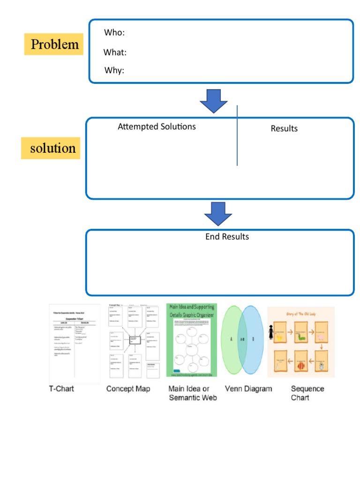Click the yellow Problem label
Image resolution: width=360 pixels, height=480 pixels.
point(54,45)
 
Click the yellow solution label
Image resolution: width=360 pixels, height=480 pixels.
point(52,148)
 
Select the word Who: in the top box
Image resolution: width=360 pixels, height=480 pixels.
point(114,33)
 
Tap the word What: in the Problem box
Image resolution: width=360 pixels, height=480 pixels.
point(115,52)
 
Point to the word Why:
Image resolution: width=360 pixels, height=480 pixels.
point(114,71)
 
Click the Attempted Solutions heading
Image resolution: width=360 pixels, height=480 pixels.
point(157,127)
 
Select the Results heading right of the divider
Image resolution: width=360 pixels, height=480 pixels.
point(284,128)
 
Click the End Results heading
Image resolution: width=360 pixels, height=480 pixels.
point(227,237)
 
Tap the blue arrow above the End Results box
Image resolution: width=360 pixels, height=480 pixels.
point(218,214)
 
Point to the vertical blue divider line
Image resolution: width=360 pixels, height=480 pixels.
point(237,136)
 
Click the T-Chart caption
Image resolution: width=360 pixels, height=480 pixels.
point(61,389)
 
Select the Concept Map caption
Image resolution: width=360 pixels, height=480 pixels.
point(128,389)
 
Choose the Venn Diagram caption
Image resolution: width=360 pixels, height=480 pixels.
point(248,389)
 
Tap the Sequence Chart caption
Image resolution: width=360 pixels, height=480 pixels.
point(307,393)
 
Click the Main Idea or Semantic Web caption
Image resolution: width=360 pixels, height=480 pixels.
point(192,393)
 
